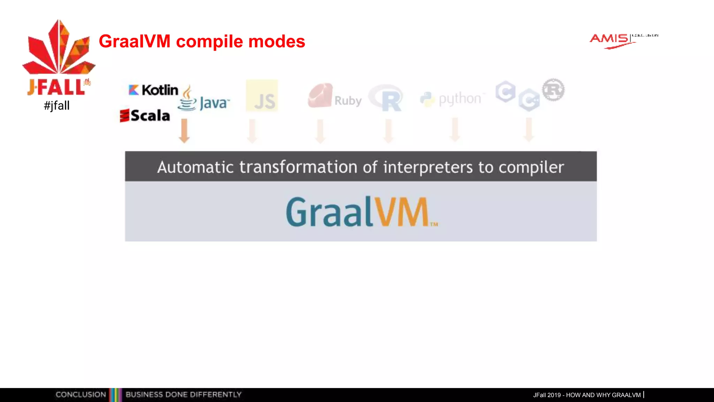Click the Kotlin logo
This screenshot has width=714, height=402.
pos(153,90)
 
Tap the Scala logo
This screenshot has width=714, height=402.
pos(145,116)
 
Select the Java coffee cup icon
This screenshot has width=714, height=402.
pos(187,99)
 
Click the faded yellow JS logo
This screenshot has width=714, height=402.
pos(262,96)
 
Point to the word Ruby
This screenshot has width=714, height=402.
pos(348,100)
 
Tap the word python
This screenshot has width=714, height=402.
pos(459,99)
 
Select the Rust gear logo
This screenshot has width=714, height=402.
pos(553,90)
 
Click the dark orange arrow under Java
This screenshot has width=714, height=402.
pos(184,131)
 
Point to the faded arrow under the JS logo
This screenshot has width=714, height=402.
pos(252,131)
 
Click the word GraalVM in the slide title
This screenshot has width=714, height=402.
pos(135,42)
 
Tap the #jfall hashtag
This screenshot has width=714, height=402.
pos(56,105)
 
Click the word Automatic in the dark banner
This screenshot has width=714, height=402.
pos(195,167)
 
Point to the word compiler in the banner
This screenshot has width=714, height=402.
pos(531,167)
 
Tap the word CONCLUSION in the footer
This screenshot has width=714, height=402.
pos(81,395)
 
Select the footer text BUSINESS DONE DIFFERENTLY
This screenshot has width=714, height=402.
pos(183,395)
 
